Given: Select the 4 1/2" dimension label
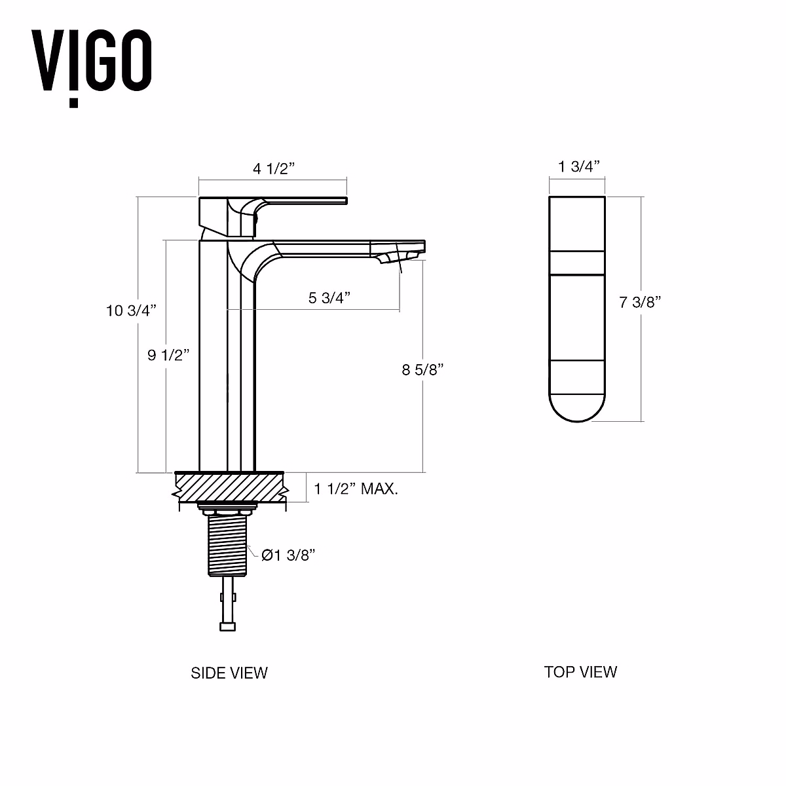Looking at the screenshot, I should point(274,168).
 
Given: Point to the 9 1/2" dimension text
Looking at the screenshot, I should point(168,355).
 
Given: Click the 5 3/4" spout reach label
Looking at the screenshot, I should point(329,297).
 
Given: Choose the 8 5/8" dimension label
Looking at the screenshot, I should point(423,369).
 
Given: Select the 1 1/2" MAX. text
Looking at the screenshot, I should point(356,489).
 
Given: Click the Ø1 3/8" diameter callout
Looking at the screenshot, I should point(288,555).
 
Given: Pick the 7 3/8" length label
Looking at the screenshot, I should point(640,302).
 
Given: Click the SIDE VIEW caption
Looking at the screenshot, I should point(229,673).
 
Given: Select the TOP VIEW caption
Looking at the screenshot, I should point(580,671).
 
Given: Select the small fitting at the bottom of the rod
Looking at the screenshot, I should point(227,627).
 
